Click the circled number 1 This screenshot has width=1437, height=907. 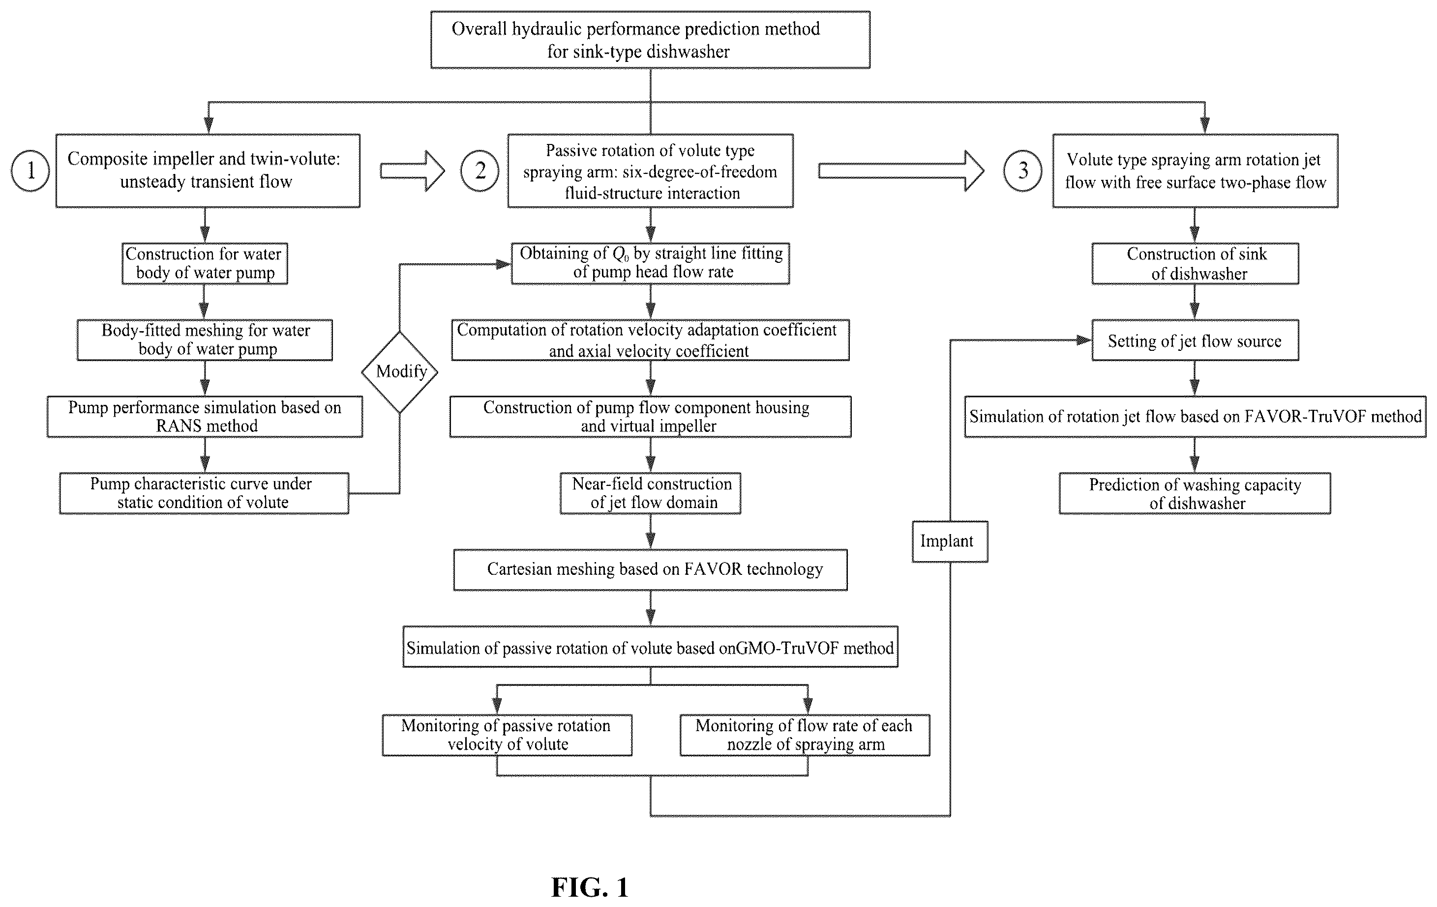(30, 171)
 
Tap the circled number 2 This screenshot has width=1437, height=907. (480, 171)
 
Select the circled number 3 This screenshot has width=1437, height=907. (1023, 171)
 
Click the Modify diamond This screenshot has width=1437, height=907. (400, 372)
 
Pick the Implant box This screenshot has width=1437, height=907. (950, 541)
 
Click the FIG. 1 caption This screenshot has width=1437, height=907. (590, 887)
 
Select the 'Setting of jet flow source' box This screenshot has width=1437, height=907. (1195, 340)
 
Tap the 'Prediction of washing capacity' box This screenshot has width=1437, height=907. (1195, 493)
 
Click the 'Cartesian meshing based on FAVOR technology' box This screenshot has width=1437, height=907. (651, 570)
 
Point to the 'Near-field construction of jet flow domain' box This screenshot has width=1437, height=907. (651, 493)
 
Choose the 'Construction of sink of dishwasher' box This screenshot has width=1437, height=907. (1195, 263)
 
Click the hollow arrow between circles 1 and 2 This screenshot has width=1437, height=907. (412, 171)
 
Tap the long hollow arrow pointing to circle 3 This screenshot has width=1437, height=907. (901, 171)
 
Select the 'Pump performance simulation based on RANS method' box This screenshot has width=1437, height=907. (205, 417)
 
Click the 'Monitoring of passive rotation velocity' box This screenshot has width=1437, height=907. (507, 735)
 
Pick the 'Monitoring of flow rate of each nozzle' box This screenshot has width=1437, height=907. (805, 735)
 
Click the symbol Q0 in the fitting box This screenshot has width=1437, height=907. (621, 254)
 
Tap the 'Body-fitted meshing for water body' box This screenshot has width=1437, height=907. (205, 340)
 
